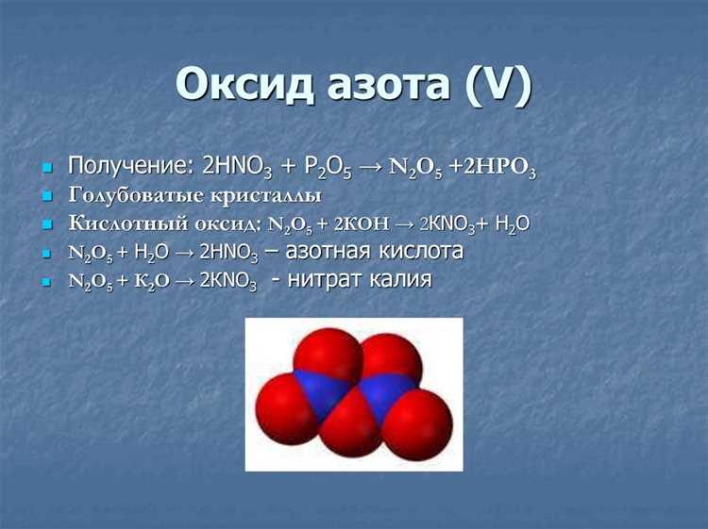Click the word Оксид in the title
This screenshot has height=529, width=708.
tap(244, 84)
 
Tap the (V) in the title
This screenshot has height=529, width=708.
tap(499, 85)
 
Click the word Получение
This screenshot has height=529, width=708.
tap(127, 166)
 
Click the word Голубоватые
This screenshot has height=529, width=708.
tap(135, 196)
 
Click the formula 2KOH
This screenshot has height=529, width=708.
tap(362, 223)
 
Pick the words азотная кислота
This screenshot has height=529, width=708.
tap(375, 251)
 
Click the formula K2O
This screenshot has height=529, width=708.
tap(152, 281)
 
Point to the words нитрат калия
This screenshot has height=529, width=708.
tap(360, 280)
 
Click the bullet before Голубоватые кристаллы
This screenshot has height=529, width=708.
tap(47, 197)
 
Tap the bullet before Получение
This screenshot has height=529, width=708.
tap(47, 169)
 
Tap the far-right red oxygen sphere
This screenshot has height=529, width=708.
tap(419, 424)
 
